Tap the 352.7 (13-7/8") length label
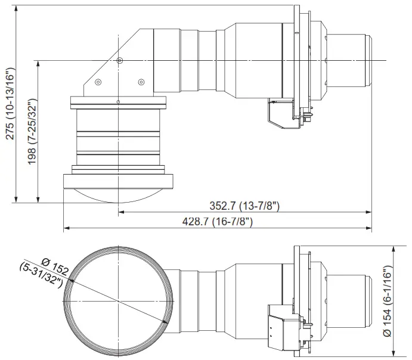pos(245,206)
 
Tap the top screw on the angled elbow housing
pos(119,60)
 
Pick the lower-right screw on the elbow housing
pos(141,82)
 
